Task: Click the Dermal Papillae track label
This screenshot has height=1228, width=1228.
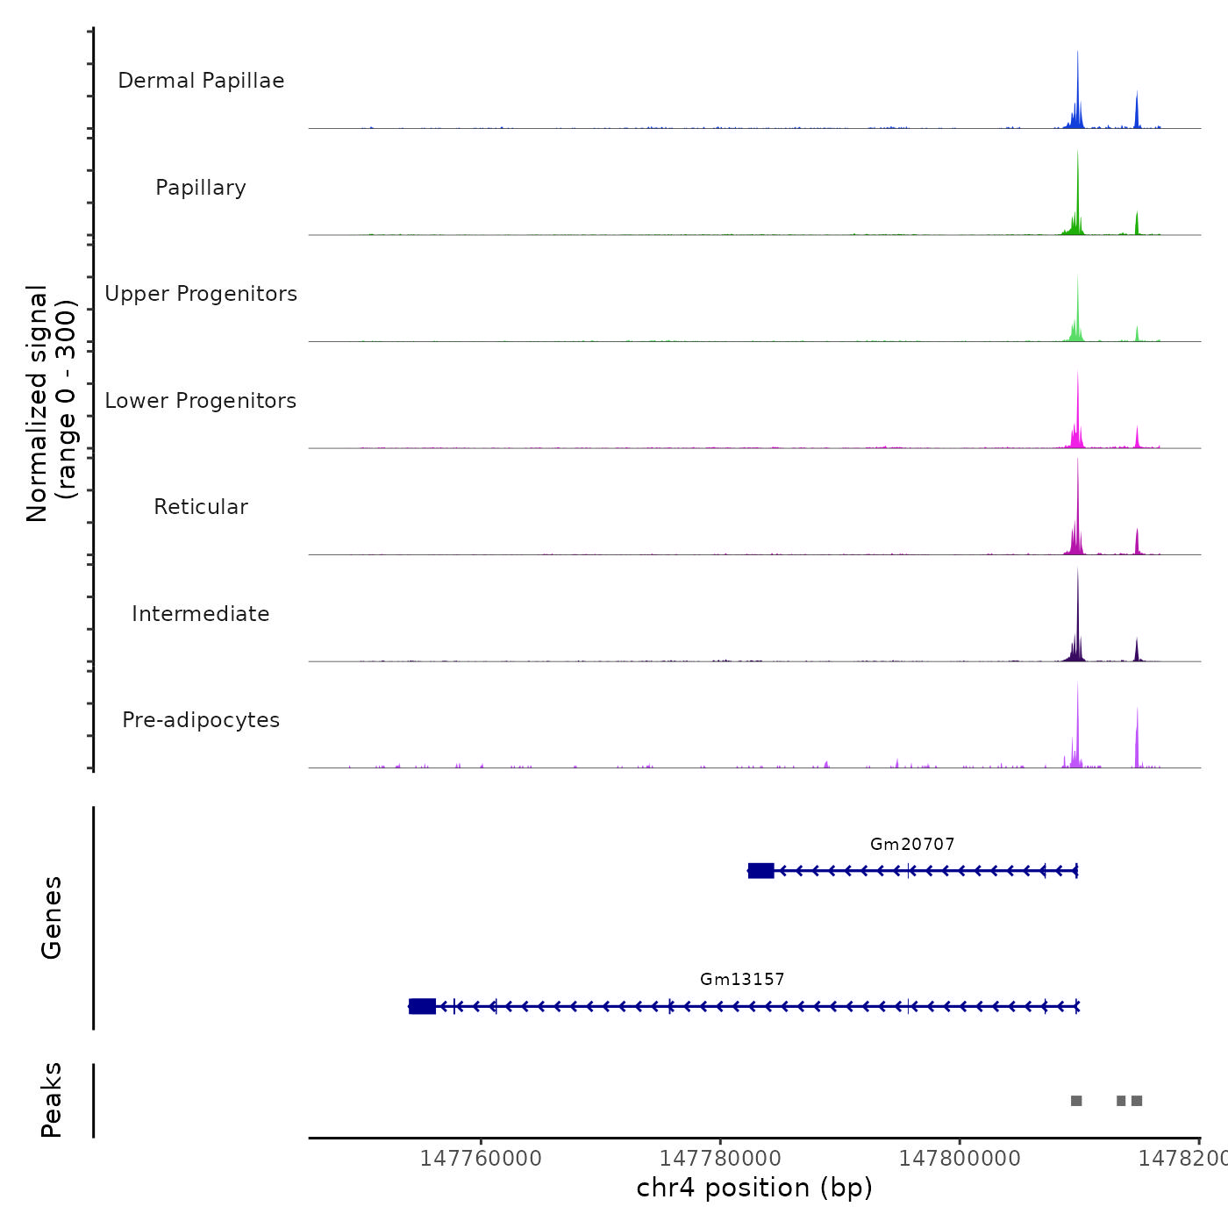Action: click(201, 81)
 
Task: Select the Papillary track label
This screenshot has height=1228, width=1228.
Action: click(201, 188)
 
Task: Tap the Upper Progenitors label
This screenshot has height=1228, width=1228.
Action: click(201, 294)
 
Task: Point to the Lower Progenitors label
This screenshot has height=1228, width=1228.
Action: click(201, 401)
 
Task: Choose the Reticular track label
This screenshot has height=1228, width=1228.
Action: click(201, 507)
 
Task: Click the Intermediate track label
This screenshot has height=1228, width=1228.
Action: click(201, 614)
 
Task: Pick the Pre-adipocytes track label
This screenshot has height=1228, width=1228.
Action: click(201, 720)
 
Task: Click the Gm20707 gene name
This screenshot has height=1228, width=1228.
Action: click(912, 844)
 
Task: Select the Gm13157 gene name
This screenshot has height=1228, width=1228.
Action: click(742, 979)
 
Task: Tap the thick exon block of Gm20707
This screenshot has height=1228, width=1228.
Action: click(761, 870)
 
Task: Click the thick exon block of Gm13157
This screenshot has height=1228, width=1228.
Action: click(423, 1006)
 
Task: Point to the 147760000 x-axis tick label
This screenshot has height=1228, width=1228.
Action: click(481, 1159)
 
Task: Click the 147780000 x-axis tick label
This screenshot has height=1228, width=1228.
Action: click(720, 1159)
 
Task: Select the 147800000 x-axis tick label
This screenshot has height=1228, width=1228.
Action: click(960, 1159)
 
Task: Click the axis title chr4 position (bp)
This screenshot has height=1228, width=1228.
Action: click(754, 1188)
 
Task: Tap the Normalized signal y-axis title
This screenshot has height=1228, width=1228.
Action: click(51, 403)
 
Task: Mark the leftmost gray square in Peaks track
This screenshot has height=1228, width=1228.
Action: click(1076, 1101)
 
